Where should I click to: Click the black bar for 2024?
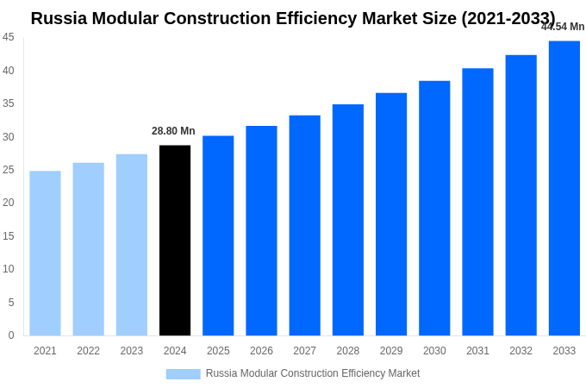tap(175, 241)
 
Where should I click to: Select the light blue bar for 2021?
tap(45, 253)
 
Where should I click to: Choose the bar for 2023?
tap(132, 245)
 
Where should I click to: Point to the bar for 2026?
tap(261, 231)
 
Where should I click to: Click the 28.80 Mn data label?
tap(173, 131)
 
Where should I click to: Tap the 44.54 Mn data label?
tap(563, 27)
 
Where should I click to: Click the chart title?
tap(293, 18)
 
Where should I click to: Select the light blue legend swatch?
tap(183, 374)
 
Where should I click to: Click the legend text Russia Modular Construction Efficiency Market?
tap(313, 373)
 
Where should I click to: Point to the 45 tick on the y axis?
tap(9, 37)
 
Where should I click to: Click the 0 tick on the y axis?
tap(11, 335)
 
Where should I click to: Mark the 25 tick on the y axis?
tap(9, 170)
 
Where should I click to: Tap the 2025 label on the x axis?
tap(218, 351)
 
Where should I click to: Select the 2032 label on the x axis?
tap(521, 351)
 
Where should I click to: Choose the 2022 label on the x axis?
tap(88, 351)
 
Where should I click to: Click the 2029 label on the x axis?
tap(391, 351)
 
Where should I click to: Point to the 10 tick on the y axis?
tap(9, 269)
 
